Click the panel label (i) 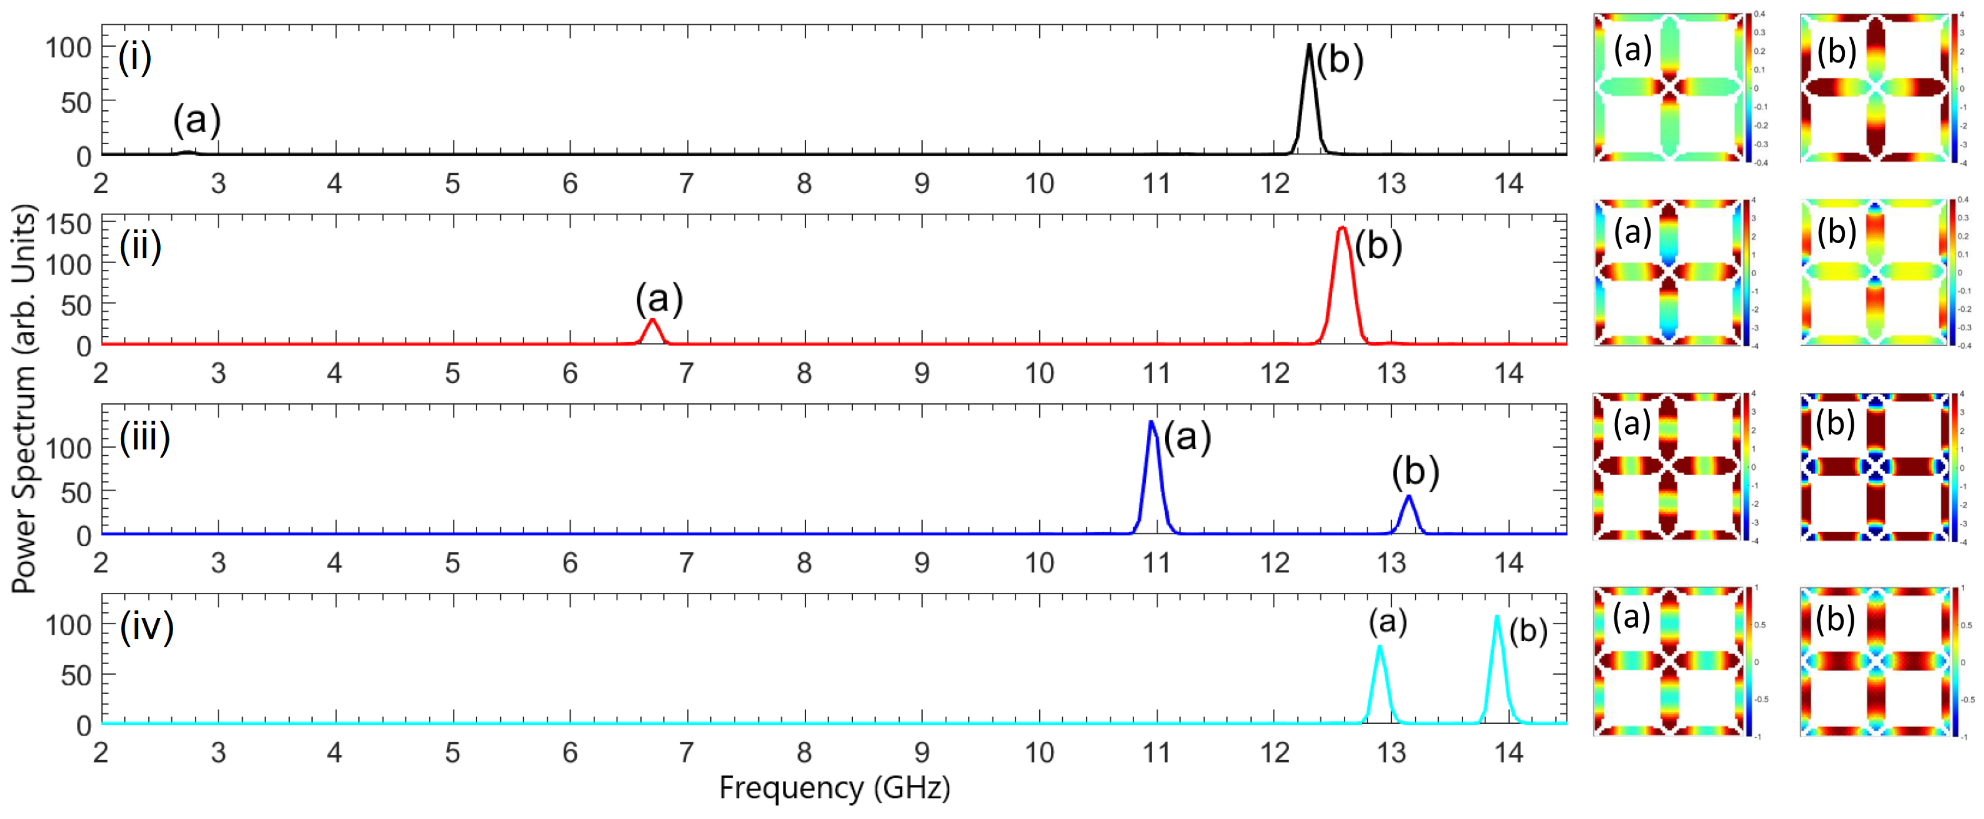135,57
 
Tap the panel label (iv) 146,626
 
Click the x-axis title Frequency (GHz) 834,787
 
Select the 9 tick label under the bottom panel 921,752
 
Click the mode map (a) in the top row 1668,87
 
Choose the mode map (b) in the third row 1874,466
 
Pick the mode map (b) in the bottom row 1874,661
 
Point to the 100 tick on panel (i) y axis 69,48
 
